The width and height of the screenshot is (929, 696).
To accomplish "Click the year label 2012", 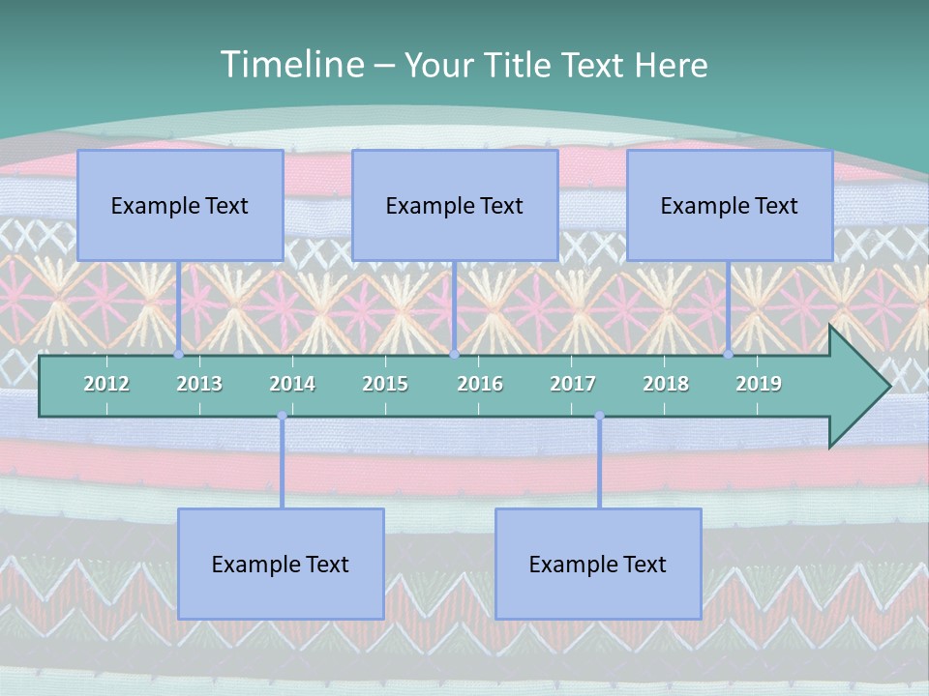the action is pos(106,384).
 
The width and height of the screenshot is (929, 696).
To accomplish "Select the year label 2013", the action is pos(199,384).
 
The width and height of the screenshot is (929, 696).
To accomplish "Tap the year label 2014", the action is pos(292,384).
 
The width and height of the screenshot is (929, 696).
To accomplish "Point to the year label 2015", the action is pos(386,384).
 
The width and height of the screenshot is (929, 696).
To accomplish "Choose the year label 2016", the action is pos(480,384).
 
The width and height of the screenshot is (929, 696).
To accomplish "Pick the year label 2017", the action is pos(573,384).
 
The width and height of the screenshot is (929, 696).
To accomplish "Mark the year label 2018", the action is pos(666,384).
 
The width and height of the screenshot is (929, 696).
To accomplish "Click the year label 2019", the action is pos(759,384).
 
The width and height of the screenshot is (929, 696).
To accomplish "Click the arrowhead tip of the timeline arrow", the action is pos(890,386).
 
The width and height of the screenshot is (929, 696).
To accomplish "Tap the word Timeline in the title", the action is pos(292,64).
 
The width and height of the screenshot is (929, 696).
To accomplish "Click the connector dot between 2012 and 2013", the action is pos(178,355).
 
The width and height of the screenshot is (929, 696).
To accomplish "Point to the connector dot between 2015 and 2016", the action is pos(455,355).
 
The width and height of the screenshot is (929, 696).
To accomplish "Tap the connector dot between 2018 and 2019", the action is pos(728,355).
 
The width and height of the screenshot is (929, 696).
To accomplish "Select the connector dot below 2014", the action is pos(282,416).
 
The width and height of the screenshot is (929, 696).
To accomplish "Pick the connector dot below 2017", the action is pos(600,416).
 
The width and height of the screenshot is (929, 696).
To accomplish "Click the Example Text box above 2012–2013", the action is pos(180,205).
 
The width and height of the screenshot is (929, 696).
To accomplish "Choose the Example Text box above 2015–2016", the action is pos(455,205).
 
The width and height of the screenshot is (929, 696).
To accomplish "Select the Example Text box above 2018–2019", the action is pos(730,205).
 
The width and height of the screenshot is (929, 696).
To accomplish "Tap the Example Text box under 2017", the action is pos(598,564).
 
